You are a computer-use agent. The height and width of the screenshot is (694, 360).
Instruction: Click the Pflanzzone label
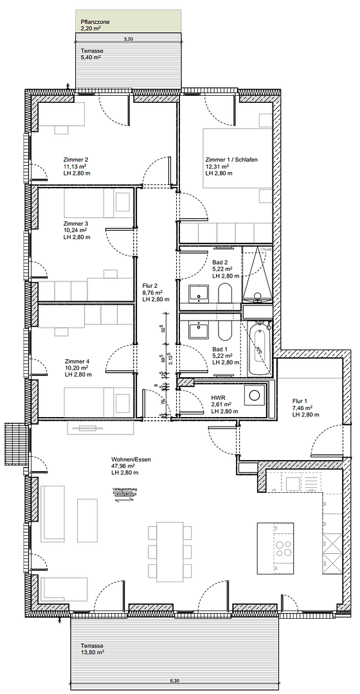(x=94, y=22)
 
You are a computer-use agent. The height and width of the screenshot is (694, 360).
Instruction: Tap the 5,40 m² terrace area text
(x=91, y=57)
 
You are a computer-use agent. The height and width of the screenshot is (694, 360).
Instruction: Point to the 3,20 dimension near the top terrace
(x=128, y=39)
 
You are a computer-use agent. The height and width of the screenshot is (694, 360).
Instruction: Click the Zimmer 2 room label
(x=76, y=159)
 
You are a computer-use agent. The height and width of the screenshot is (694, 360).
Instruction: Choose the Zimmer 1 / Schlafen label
(x=231, y=159)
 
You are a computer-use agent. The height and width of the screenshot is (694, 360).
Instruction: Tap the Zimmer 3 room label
(x=76, y=224)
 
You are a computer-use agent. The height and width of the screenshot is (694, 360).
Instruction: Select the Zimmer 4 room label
(x=77, y=361)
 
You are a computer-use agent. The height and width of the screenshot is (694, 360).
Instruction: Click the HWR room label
(x=218, y=398)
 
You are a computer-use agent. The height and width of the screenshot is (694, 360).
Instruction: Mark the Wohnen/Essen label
(x=132, y=459)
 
